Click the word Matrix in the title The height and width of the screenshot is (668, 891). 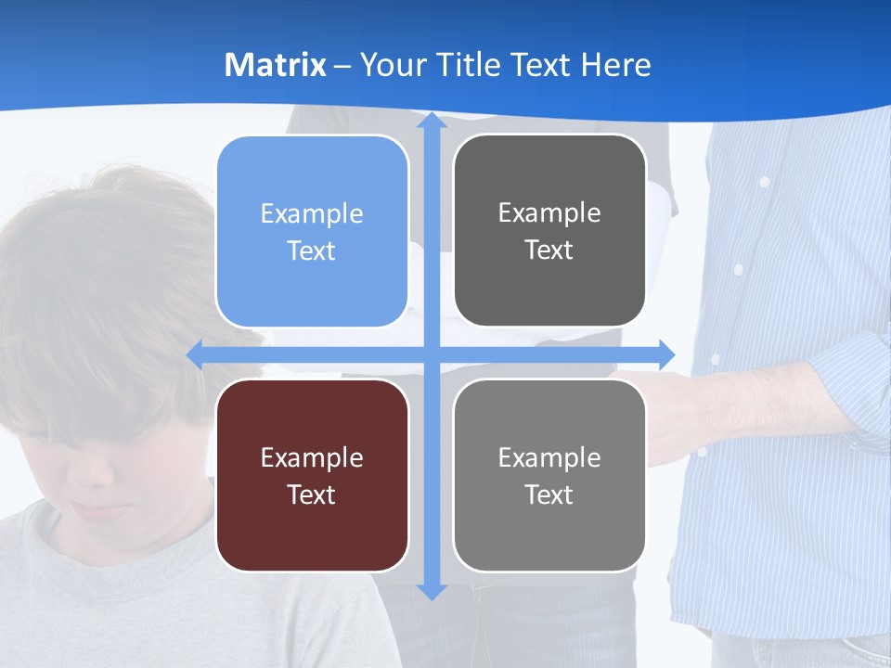275,65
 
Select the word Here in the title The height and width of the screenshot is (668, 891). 615,65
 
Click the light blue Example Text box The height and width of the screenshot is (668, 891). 312,232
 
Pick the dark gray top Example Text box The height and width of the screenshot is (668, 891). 549,231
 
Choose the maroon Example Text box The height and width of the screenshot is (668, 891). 312,475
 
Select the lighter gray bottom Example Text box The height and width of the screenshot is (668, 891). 549,475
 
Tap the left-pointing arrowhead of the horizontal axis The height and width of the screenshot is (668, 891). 196,354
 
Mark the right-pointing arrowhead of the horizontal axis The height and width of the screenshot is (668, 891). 665,354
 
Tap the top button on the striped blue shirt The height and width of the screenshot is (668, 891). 764,182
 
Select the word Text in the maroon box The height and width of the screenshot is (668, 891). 312,495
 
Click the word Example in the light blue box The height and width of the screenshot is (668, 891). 312,213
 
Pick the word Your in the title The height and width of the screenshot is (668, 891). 386,65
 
